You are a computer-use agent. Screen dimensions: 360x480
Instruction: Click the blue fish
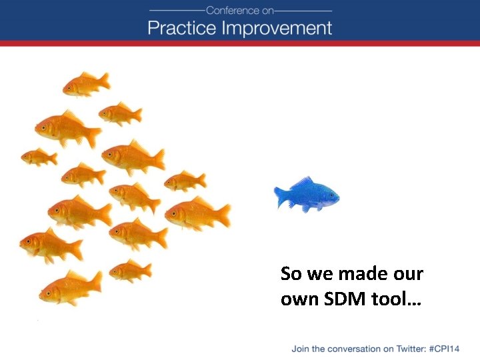(308, 195)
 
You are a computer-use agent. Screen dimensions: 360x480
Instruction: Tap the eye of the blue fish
(329, 194)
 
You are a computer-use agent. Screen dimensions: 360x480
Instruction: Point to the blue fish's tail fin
(281, 196)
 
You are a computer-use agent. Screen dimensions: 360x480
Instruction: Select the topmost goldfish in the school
(87, 84)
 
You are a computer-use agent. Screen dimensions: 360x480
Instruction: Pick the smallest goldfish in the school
(39, 157)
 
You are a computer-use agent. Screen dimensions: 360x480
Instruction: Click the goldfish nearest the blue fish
(198, 213)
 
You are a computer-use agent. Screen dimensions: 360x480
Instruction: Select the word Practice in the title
(181, 28)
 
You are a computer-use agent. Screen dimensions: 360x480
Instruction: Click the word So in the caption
(291, 274)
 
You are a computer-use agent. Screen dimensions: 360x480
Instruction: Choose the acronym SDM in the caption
(341, 299)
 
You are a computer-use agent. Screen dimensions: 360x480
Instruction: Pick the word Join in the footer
(301, 349)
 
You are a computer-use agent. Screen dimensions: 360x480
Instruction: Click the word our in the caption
(408, 274)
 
